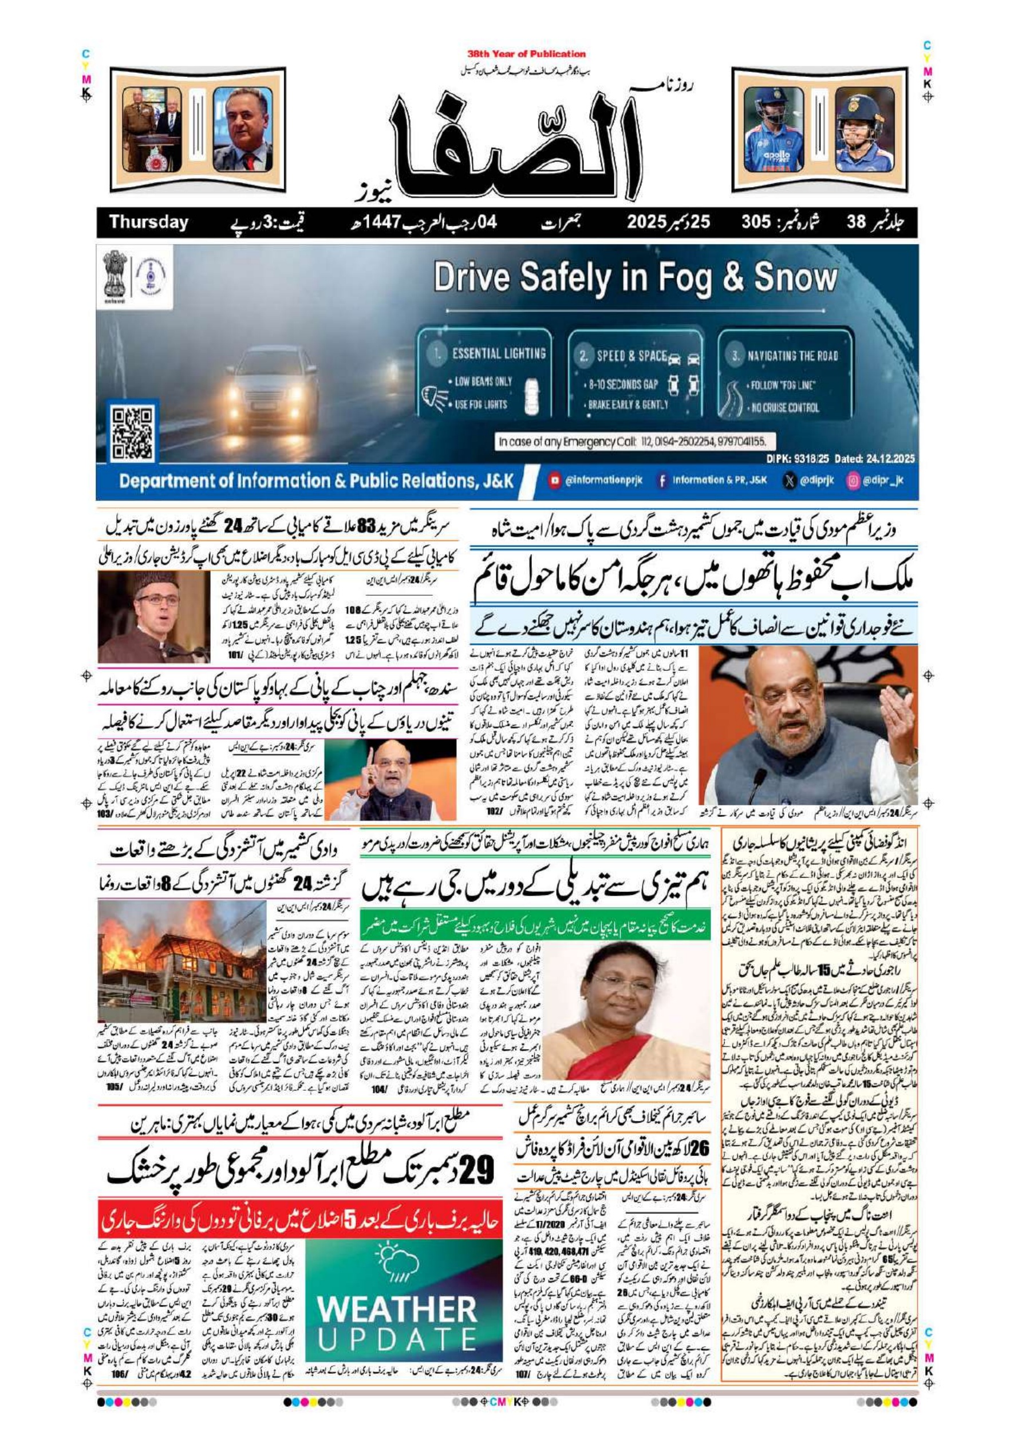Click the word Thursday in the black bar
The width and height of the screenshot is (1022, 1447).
pos(149,222)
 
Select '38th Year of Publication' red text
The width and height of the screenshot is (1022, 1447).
pos(526,54)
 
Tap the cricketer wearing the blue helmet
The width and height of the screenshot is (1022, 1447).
pos(864,130)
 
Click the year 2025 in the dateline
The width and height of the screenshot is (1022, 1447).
pos(646,222)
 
